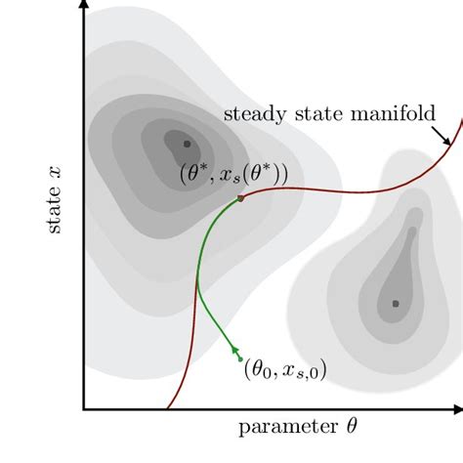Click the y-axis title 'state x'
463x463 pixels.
pyautogui.click(x=53, y=200)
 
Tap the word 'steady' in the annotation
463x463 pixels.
pyautogui.click(x=252, y=113)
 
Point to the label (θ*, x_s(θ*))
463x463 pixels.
pyautogui.click(x=233, y=174)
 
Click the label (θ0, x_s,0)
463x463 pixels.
pyautogui.click(x=284, y=368)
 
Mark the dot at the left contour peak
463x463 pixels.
pyautogui.click(x=187, y=144)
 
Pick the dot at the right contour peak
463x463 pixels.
pyautogui.click(x=396, y=304)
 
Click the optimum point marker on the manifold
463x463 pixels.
pyautogui.click(x=240, y=198)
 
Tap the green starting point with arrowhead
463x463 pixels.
pyautogui.click(x=237, y=349)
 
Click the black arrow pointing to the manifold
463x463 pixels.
pyautogui.click(x=441, y=135)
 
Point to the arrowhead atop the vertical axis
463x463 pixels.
pyautogui.click(x=85, y=6)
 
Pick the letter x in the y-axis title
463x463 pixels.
pyautogui.click(x=53, y=171)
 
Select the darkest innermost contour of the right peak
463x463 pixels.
pyautogui.click(x=394, y=298)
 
